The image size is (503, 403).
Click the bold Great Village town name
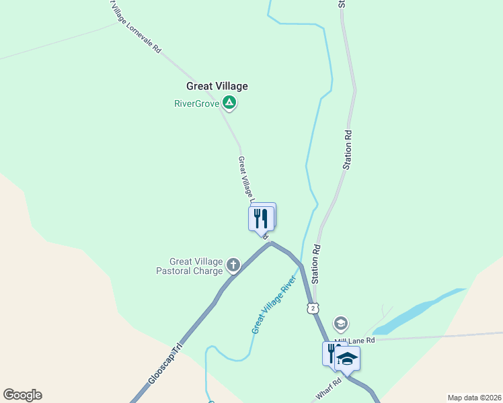217,86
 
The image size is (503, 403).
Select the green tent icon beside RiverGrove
229,103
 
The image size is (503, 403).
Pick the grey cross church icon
233,265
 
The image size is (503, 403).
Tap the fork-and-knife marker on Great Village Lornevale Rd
261,218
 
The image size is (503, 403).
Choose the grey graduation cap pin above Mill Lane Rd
341,324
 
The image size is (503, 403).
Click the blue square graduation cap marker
347,358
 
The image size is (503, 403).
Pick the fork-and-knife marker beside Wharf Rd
332,353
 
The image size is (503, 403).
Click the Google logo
22,395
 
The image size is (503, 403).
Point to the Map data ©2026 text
473,397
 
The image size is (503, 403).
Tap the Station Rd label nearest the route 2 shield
316,264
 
